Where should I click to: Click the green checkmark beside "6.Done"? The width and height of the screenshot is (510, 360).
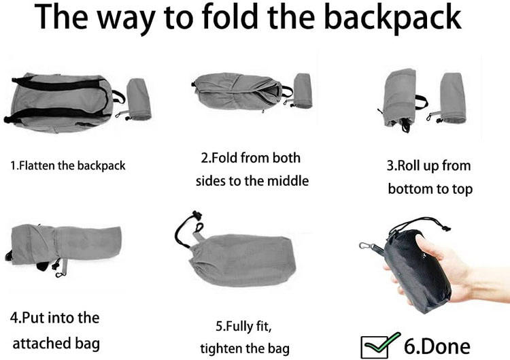(382, 342)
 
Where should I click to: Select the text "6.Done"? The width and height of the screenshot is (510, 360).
(437, 346)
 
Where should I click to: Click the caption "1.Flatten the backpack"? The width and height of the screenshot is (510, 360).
(67, 165)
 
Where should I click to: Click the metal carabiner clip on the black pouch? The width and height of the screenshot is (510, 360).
(367, 246)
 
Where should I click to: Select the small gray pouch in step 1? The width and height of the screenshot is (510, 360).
(138, 99)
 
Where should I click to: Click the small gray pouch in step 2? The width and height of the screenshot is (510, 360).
(303, 91)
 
